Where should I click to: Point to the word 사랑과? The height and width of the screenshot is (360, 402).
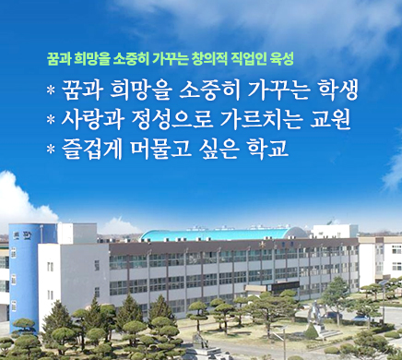pos(90,119)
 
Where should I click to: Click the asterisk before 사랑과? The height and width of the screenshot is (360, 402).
pos(50,121)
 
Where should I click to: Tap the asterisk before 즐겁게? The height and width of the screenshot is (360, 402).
pos(50,150)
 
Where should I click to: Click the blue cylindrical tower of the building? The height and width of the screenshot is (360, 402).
pos(25,268)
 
